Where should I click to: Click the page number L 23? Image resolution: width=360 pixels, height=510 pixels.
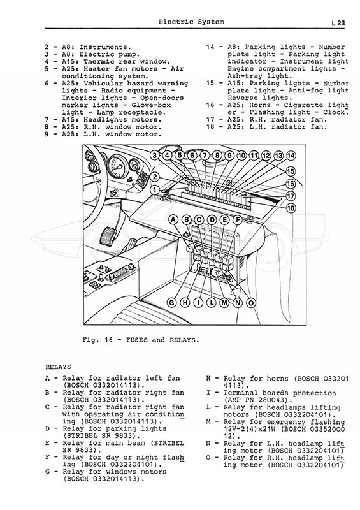pyautogui.click(x=338, y=23)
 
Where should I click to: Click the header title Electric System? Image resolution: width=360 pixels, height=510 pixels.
pyautogui.click(x=191, y=22)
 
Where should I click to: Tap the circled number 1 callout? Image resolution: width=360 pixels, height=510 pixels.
pyautogui.click(x=155, y=190)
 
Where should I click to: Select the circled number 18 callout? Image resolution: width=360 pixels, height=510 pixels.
pyautogui.click(x=291, y=208)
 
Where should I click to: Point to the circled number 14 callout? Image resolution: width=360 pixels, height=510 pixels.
pyautogui.click(x=291, y=156)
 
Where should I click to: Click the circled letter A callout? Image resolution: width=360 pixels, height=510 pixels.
pyautogui.click(x=173, y=220)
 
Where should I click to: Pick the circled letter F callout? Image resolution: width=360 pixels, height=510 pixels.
pyautogui.click(x=238, y=220)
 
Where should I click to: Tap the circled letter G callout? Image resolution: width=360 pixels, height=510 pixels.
pyautogui.click(x=171, y=303)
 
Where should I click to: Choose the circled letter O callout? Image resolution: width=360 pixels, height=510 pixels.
pyautogui.click(x=251, y=303)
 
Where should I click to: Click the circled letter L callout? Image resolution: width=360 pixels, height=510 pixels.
pyautogui.click(x=212, y=303)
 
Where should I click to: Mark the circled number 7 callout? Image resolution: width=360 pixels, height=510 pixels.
pyautogui.click(x=205, y=156)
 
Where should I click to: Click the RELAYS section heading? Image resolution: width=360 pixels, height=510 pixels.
pyautogui.click(x=58, y=367)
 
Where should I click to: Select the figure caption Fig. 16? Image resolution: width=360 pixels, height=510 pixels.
pyautogui.click(x=97, y=340)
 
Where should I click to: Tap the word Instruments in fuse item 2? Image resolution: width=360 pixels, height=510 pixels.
pyautogui.click(x=105, y=47)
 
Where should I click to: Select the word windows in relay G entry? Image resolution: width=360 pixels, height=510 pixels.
pyautogui.click(x=121, y=472)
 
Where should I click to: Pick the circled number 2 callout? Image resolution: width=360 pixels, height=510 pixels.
pyautogui.click(x=155, y=177)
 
